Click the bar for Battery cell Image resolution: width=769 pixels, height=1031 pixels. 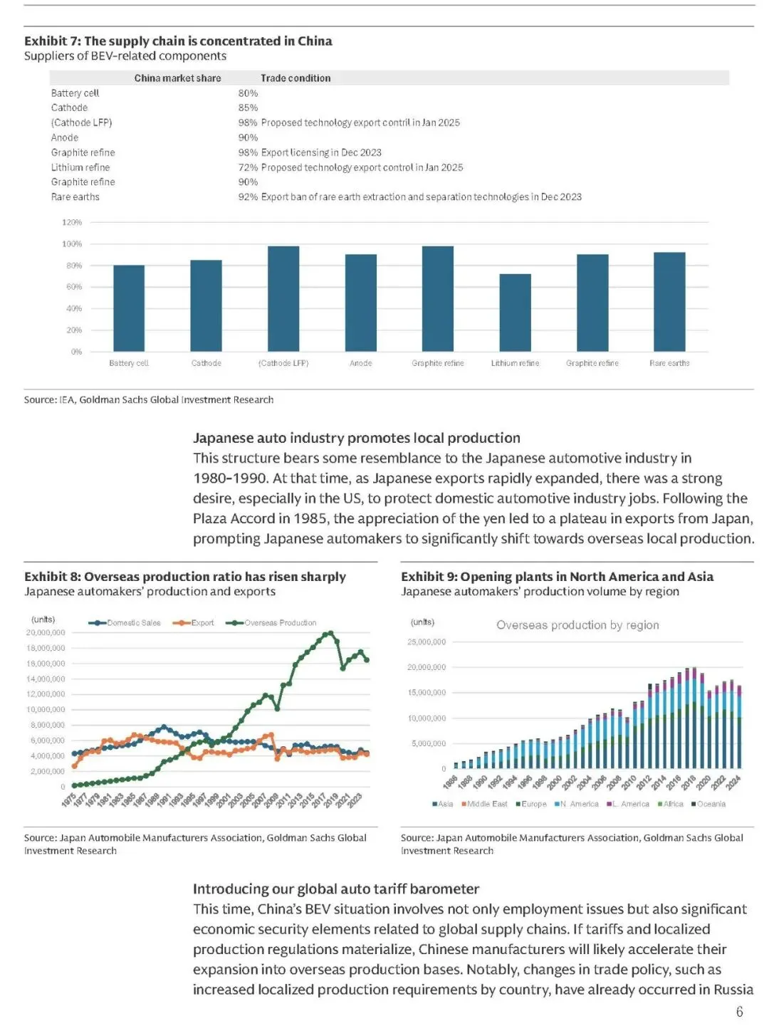click(129, 308)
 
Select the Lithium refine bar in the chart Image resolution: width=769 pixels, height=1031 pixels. click(515, 313)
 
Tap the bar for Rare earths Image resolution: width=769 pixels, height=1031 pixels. click(669, 302)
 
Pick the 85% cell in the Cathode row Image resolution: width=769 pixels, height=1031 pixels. click(248, 108)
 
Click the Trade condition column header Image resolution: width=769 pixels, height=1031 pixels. click(295, 78)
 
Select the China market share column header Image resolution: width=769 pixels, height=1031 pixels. click(177, 78)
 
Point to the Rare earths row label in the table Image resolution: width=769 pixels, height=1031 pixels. click(75, 197)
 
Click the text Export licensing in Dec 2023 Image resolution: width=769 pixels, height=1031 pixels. click(321, 152)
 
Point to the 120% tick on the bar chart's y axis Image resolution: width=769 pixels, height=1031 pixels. click(72, 222)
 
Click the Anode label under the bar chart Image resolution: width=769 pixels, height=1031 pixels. click(360, 363)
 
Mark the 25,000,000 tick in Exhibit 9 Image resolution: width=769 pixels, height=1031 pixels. click(427, 642)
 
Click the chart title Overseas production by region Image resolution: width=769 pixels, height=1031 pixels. click(577, 625)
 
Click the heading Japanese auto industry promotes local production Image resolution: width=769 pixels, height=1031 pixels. click(357, 438)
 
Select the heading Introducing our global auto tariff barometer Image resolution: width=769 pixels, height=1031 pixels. click(336, 889)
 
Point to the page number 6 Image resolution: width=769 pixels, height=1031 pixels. click(740, 1012)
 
